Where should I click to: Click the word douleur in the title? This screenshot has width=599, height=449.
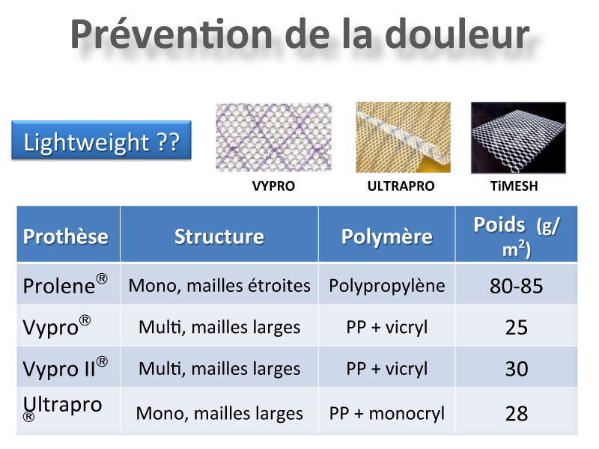[457, 34]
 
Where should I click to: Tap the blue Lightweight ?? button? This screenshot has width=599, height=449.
[101, 140]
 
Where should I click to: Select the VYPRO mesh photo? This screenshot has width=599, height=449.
[273, 137]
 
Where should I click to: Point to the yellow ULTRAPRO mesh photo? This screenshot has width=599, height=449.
[403, 137]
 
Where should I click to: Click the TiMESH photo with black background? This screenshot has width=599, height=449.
[518, 138]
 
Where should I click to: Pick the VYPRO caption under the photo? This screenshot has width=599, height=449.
[273, 186]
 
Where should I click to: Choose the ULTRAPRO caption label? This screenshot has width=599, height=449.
[401, 186]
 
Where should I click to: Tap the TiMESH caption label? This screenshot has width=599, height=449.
[514, 186]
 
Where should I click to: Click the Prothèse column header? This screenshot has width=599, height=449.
[66, 236]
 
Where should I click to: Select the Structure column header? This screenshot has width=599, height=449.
[219, 236]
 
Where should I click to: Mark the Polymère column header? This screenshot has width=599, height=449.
[386, 236]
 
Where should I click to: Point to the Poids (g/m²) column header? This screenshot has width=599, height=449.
[517, 236]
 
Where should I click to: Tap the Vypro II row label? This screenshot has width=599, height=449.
[65, 367]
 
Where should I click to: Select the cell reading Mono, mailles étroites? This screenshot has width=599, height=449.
[219, 286]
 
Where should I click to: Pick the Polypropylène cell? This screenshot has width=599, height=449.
[387, 287]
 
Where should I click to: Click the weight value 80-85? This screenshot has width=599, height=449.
[516, 286]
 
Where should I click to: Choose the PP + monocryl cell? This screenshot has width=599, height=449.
[387, 414]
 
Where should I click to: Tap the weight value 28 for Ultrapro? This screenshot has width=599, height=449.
[517, 414]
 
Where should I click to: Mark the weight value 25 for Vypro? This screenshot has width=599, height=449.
[517, 328]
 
